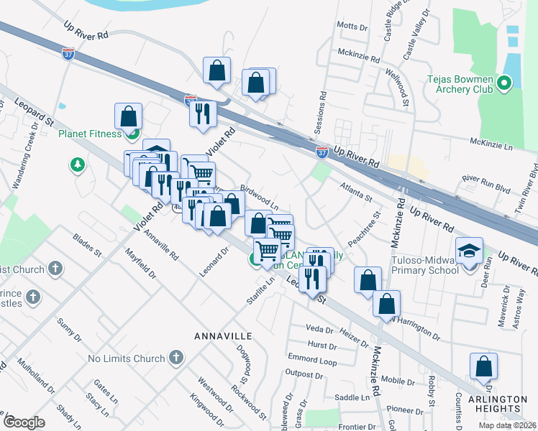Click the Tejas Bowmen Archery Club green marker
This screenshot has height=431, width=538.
point(503,85)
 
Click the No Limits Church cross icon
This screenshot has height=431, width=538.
point(176,358)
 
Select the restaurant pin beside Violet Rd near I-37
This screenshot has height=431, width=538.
point(202,113)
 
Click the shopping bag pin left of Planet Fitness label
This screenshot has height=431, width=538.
point(128,116)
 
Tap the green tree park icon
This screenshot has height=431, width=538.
point(77,165)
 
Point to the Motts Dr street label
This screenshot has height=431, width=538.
point(352,26)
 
